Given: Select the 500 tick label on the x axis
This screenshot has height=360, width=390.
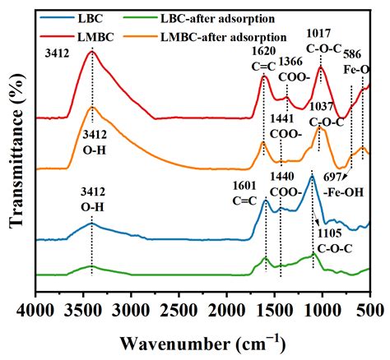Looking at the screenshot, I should (369, 311).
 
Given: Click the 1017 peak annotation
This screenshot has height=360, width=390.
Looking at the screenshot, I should (320, 34).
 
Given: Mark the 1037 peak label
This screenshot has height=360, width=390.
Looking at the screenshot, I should (323, 106).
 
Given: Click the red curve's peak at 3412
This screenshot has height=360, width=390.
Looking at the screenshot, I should (92, 52).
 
